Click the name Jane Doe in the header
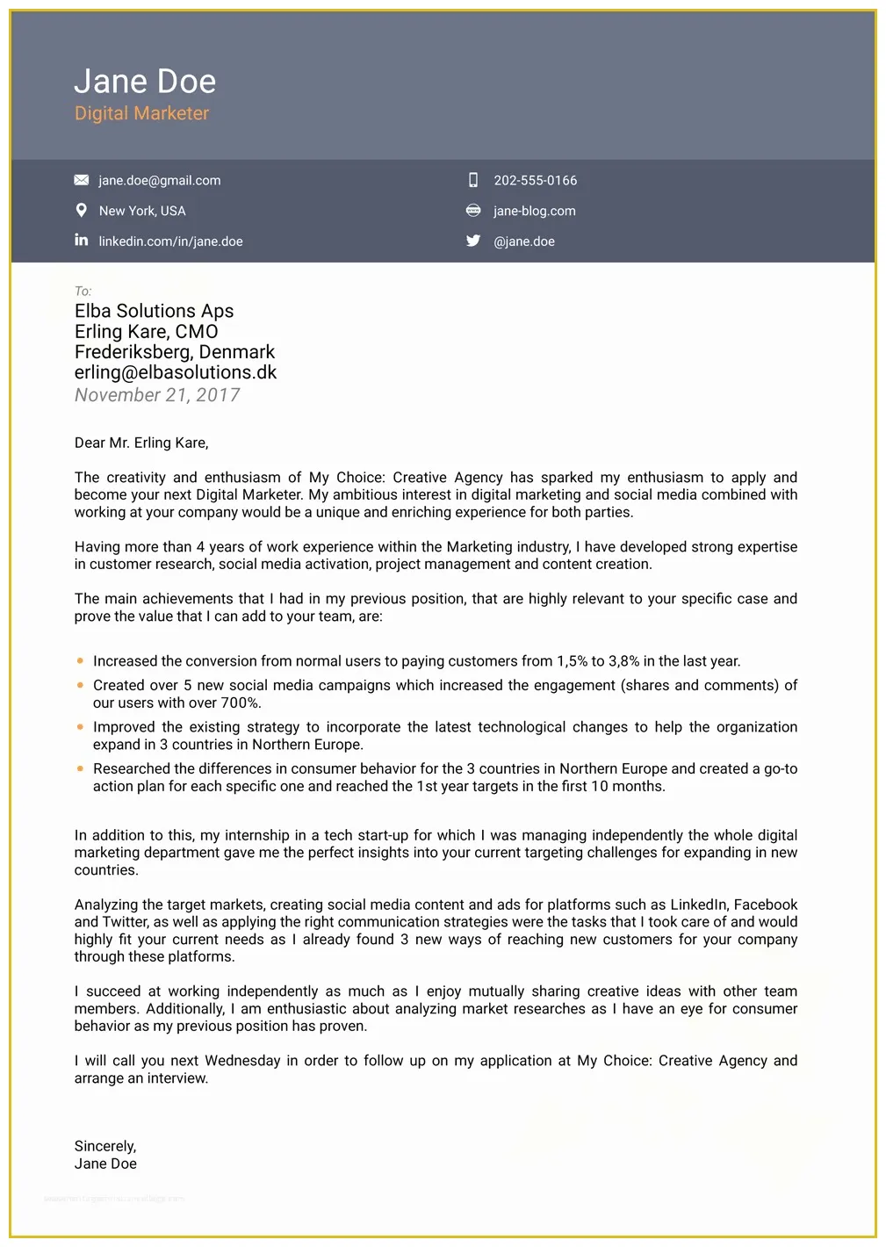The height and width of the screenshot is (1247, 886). click(x=145, y=82)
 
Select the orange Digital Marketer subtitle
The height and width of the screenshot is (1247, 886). click(x=141, y=113)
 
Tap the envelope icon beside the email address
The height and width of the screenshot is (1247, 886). click(x=82, y=180)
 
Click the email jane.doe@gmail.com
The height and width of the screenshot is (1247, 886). click(x=159, y=181)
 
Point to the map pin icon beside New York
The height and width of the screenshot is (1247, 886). click(x=82, y=211)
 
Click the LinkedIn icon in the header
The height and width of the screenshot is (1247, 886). click(x=82, y=240)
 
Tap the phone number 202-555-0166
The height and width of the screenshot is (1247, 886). click(x=535, y=181)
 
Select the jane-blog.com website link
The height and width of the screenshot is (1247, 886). click(x=534, y=211)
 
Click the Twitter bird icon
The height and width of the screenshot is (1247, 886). click(x=473, y=241)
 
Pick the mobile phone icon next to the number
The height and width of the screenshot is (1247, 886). click(x=473, y=180)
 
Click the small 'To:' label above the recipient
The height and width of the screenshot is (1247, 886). click(x=83, y=291)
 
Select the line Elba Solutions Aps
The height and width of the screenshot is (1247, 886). click(x=154, y=311)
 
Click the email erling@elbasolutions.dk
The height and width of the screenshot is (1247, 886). click(x=175, y=372)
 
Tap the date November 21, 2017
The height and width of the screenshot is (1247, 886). click(x=157, y=395)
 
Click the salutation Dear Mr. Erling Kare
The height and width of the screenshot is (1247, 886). click(x=141, y=443)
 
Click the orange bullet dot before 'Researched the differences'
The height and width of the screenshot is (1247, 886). click(x=81, y=769)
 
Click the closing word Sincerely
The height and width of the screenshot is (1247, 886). click(x=104, y=1146)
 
